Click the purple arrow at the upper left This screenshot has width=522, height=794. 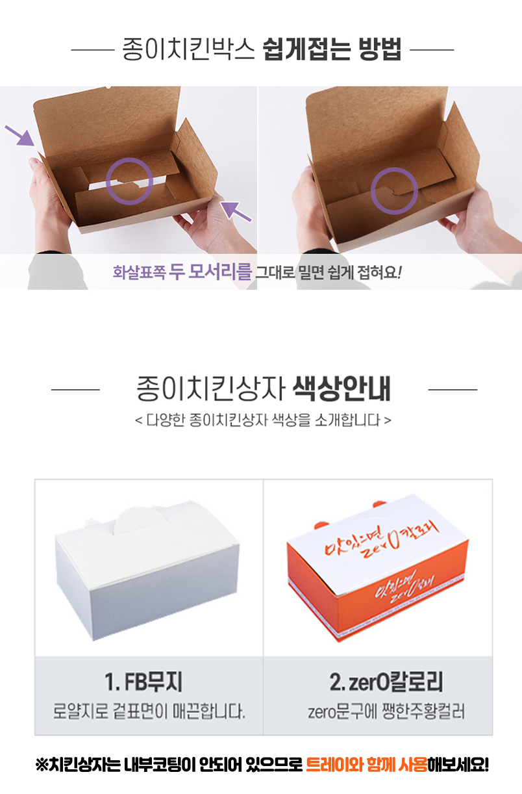(x=20, y=135)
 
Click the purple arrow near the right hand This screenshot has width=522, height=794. (x=236, y=212)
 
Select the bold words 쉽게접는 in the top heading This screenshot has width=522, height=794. (x=306, y=49)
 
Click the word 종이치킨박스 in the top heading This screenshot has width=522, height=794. (x=188, y=49)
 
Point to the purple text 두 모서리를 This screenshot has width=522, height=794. (x=210, y=272)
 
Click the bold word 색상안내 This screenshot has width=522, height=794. (x=342, y=389)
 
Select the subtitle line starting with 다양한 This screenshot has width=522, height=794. (x=263, y=420)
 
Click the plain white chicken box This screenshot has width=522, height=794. (x=147, y=571)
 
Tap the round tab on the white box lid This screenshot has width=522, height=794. (x=140, y=521)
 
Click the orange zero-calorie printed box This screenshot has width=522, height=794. (x=377, y=568)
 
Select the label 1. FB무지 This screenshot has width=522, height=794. (x=143, y=682)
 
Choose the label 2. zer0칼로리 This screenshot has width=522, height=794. (x=386, y=682)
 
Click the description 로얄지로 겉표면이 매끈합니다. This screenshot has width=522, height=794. (x=149, y=711)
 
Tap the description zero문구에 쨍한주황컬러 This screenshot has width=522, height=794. (x=386, y=711)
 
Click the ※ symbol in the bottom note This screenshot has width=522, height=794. (x=42, y=765)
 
